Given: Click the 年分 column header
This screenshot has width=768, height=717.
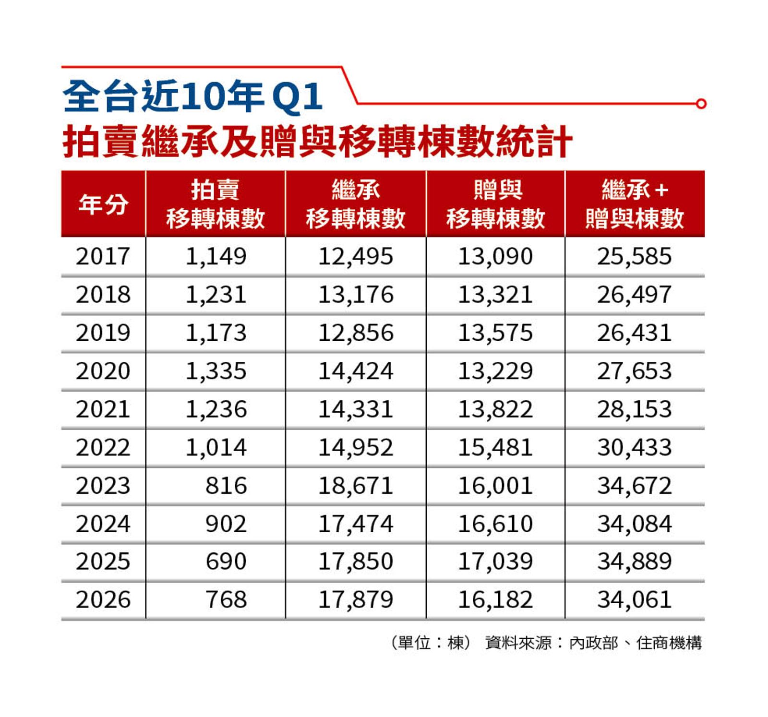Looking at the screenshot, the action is (x=103, y=204).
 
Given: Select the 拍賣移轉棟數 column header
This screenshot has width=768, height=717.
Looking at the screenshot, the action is (x=216, y=204).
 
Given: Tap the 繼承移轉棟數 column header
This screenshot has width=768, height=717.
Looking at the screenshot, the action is (x=356, y=204).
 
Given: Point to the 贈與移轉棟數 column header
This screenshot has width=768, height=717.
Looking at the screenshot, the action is (x=496, y=204).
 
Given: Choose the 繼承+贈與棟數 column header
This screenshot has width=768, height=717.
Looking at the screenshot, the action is (x=635, y=204).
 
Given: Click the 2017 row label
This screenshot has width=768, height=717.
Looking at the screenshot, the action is (x=103, y=256).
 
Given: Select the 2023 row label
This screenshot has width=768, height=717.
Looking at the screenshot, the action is (x=103, y=486).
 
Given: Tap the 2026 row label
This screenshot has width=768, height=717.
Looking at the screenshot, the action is (x=103, y=600).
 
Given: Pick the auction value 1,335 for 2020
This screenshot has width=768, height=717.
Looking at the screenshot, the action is (x=216, y=371).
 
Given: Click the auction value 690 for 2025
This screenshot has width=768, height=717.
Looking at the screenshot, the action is (x=226, y=562).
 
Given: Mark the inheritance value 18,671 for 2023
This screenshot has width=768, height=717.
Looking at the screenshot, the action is (x=356, y=486).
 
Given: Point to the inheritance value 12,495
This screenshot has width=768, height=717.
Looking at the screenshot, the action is (x=356, y=256).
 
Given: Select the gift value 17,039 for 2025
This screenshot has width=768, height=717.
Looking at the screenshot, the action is (x=495, y=562).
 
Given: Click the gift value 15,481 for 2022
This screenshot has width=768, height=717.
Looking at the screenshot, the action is (x=495, y=447).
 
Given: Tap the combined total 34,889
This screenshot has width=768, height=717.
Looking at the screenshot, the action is (x=635, y=562).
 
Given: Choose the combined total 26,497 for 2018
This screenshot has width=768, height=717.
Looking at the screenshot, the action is (x=635, y=295).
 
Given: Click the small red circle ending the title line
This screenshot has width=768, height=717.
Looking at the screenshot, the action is (x=701, y=104).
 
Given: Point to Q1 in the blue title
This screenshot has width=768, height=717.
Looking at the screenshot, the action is (x=297, y=97).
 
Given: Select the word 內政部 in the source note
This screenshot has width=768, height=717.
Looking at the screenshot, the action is (x=594, y=643).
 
